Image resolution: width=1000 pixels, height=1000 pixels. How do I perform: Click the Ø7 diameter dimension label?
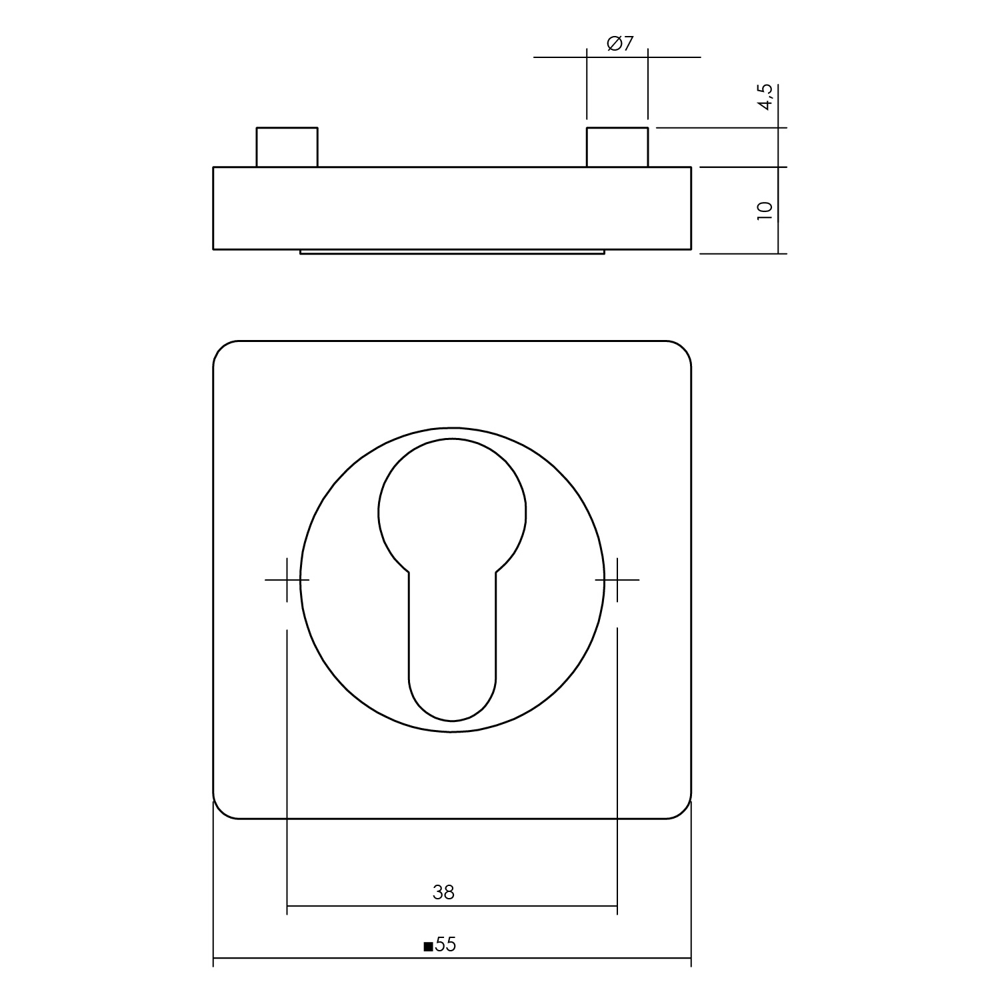(x=619, y=44)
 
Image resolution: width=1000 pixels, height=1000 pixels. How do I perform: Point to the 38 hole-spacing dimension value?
(x=443, y=892)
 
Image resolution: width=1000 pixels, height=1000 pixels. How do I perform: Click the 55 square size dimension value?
(x=446, y=945)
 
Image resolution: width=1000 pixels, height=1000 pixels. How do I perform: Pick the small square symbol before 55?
(x=428, y=946)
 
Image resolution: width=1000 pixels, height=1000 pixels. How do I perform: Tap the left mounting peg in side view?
(x=287, y=147)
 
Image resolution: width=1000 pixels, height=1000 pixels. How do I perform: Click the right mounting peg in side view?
(x=617, y=147)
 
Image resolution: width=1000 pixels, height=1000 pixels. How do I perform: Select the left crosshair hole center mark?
(x=287, y=580)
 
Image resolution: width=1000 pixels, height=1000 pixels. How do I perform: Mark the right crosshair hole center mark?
(x=617, y=580)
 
